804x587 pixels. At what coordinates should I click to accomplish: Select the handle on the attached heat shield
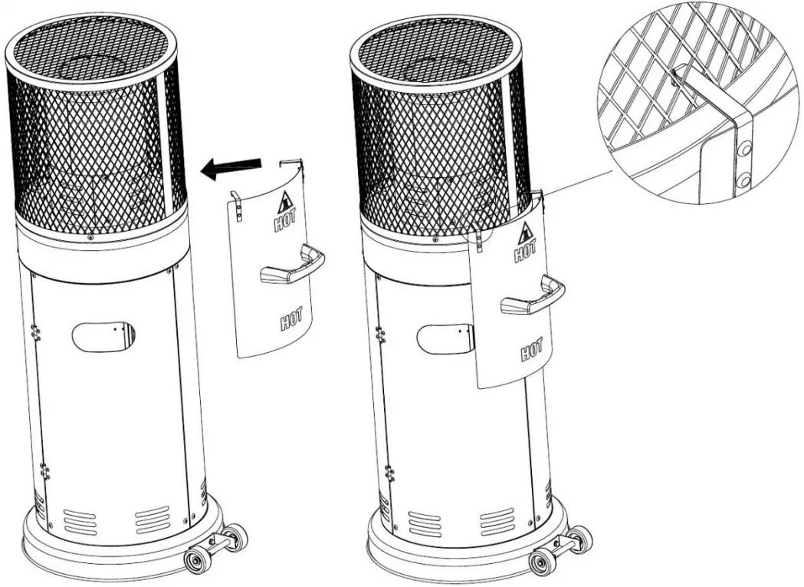pos(533,297)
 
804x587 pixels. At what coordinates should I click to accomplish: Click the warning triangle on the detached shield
pos(287,201)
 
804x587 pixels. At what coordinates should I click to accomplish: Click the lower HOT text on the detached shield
pos(290,318)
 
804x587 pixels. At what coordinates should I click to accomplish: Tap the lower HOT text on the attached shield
pos(532,349)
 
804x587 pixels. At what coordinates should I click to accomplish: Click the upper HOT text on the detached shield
pos(286,221)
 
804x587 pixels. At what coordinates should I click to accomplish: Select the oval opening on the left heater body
pos(103,336)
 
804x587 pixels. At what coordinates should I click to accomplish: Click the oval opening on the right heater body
pos(445,338)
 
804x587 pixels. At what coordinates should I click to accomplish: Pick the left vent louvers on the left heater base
pos(80,521)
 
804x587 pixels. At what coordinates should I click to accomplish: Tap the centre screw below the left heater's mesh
pos(91,236)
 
